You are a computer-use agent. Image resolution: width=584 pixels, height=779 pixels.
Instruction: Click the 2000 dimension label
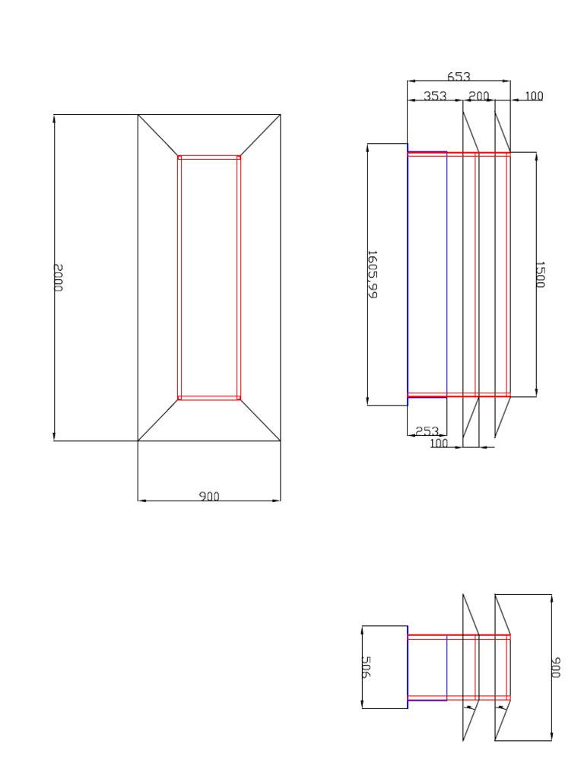59,278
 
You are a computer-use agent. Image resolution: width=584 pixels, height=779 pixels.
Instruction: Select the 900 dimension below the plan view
209,496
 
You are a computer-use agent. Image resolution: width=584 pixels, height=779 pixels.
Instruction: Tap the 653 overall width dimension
459,77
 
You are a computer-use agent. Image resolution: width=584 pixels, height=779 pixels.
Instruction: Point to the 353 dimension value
435,96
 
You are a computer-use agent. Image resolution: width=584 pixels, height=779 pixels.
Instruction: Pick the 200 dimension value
479,96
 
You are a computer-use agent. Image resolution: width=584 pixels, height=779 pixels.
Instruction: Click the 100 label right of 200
534,96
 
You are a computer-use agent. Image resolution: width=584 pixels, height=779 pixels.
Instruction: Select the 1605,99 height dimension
372,274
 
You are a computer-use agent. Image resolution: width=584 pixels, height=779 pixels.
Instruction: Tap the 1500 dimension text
540,275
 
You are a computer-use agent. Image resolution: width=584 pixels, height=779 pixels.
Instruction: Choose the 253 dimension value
427,431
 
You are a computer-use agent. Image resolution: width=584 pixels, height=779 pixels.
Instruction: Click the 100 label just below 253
439,444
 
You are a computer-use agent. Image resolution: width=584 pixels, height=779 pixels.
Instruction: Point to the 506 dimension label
365,667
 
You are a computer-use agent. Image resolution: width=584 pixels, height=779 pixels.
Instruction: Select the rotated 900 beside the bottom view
556,668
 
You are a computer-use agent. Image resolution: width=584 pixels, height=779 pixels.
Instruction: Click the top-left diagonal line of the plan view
158,135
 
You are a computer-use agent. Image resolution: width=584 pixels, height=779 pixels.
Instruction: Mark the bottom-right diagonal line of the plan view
260,420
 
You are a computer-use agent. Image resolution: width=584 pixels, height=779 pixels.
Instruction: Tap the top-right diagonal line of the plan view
260,135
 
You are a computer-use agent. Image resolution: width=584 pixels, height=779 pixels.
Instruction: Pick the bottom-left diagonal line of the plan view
158,420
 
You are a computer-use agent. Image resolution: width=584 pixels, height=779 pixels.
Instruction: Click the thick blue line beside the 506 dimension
408,667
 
